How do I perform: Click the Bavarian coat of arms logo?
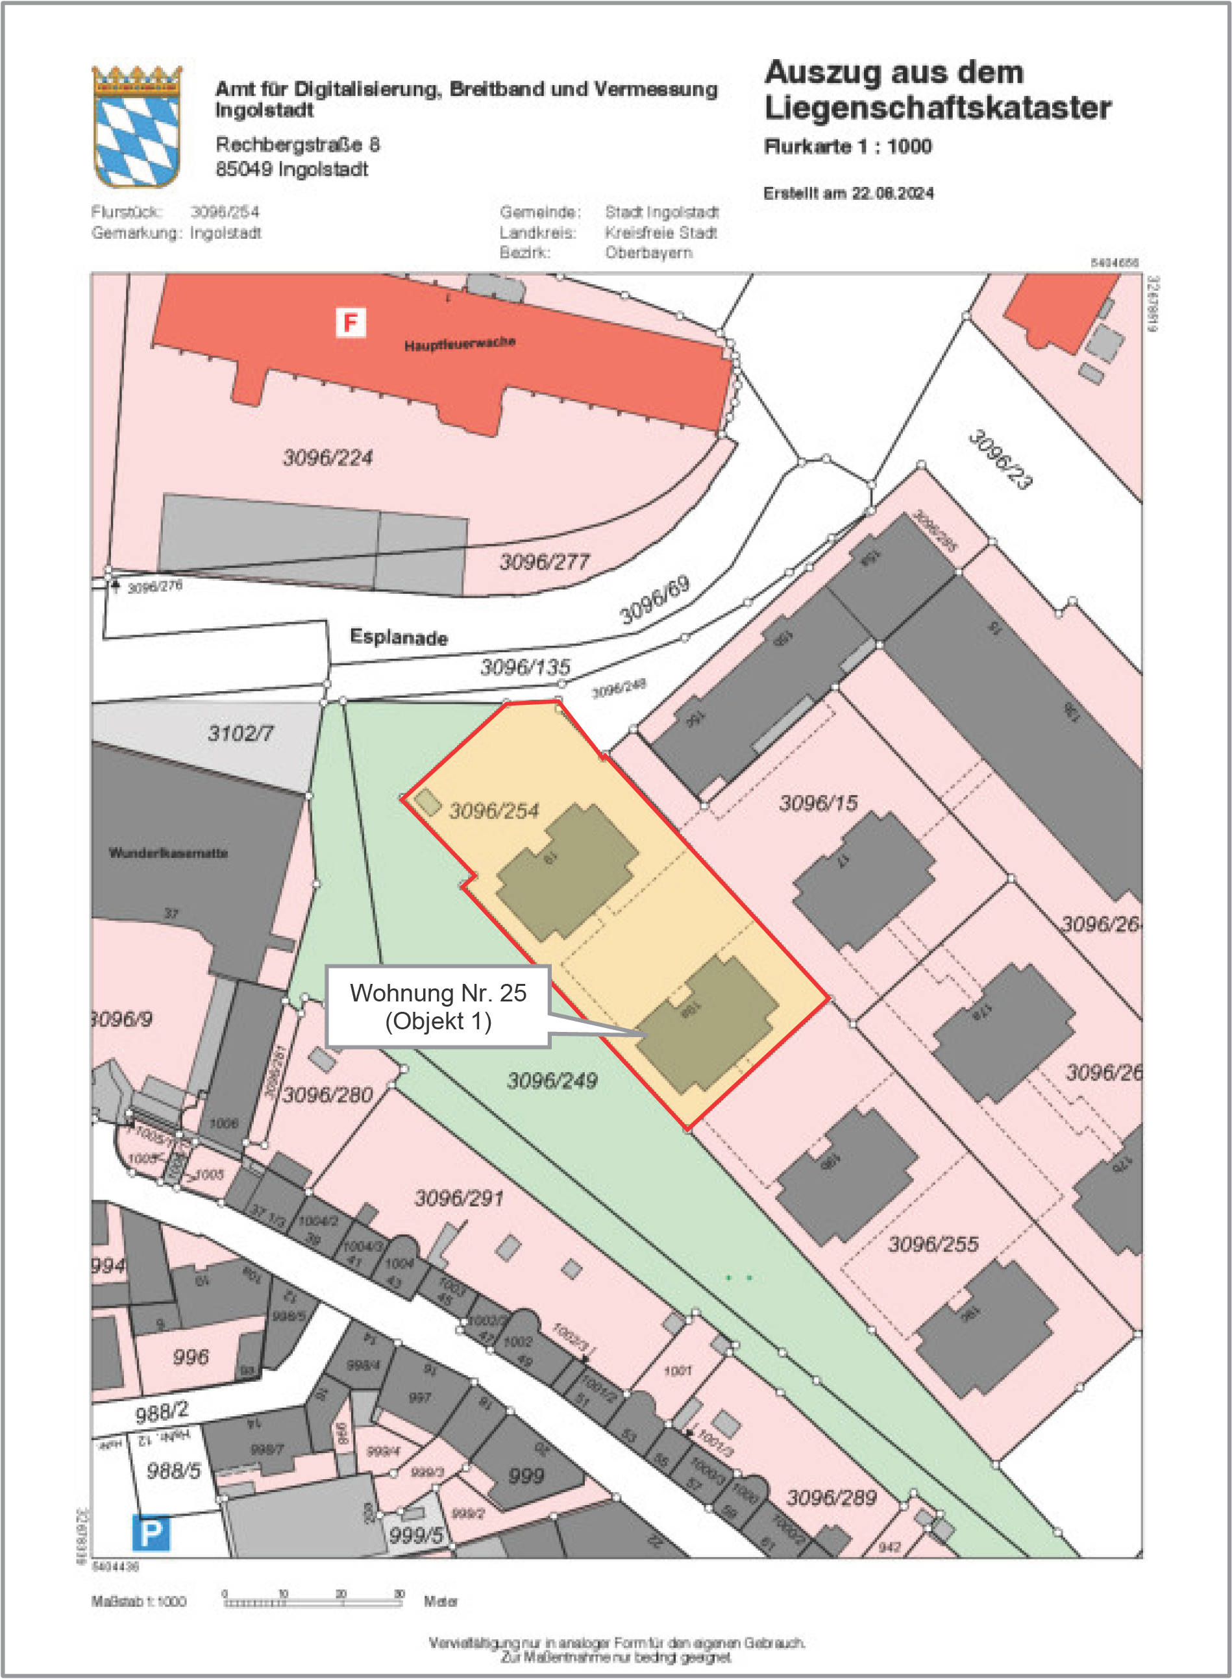pos(136,127)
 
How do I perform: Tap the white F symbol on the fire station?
pos(351,323)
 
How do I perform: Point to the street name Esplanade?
pos(399,637)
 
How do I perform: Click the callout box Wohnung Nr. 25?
pos(437,1007)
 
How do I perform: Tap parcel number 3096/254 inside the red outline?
pos(494,811)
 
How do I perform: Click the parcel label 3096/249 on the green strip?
pos(552,1081)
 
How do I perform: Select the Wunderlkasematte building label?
pos(169,853)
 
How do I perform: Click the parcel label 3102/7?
pos(240,733)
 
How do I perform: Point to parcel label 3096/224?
pos(327,457)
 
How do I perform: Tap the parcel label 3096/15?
pos(818,803)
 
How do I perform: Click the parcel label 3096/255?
pos(933,1244)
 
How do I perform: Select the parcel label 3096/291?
pos(459,1198)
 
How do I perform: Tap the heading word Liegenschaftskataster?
pos(937,108)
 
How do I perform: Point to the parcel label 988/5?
pos(173,1471)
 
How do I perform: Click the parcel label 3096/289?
pos(832,1497)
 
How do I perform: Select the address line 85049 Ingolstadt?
pos(291,169)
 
